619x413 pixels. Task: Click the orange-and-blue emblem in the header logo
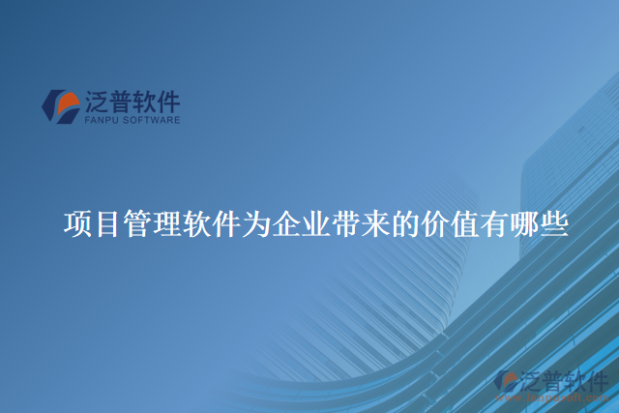tap(60, 105)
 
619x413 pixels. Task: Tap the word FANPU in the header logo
tap(101, 121)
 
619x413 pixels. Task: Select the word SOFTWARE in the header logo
tap(150, 121)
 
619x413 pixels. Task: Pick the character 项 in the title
tap(77, 224)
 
